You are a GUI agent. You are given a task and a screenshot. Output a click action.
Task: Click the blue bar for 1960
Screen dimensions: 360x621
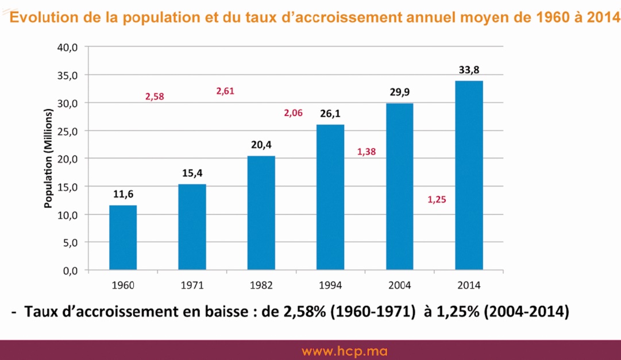click(123, 238)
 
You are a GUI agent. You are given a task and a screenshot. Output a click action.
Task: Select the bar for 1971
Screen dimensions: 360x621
click(192, 227)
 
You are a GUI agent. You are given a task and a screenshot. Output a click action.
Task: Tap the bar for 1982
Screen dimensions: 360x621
click(261, 213)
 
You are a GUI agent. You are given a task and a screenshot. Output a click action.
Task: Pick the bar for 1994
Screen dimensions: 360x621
click(330, 197)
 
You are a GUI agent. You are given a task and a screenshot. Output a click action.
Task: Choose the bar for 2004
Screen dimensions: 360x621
click(399, 187)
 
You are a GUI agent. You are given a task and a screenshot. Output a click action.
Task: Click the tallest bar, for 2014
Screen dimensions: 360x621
click(469, 175)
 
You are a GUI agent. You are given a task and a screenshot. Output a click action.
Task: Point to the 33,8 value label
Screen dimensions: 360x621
click(469, 71)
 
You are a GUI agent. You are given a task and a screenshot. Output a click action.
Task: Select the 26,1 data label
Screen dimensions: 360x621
click(330, 114)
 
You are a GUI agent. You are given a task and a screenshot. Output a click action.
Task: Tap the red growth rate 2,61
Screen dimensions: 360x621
click(225, 91)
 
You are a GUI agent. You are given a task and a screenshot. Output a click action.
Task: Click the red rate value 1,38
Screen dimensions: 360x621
click(366, 152)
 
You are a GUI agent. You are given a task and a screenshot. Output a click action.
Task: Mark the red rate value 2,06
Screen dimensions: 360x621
click(293, 113)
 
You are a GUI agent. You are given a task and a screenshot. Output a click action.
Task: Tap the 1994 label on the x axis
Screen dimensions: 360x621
click(330, 285)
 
